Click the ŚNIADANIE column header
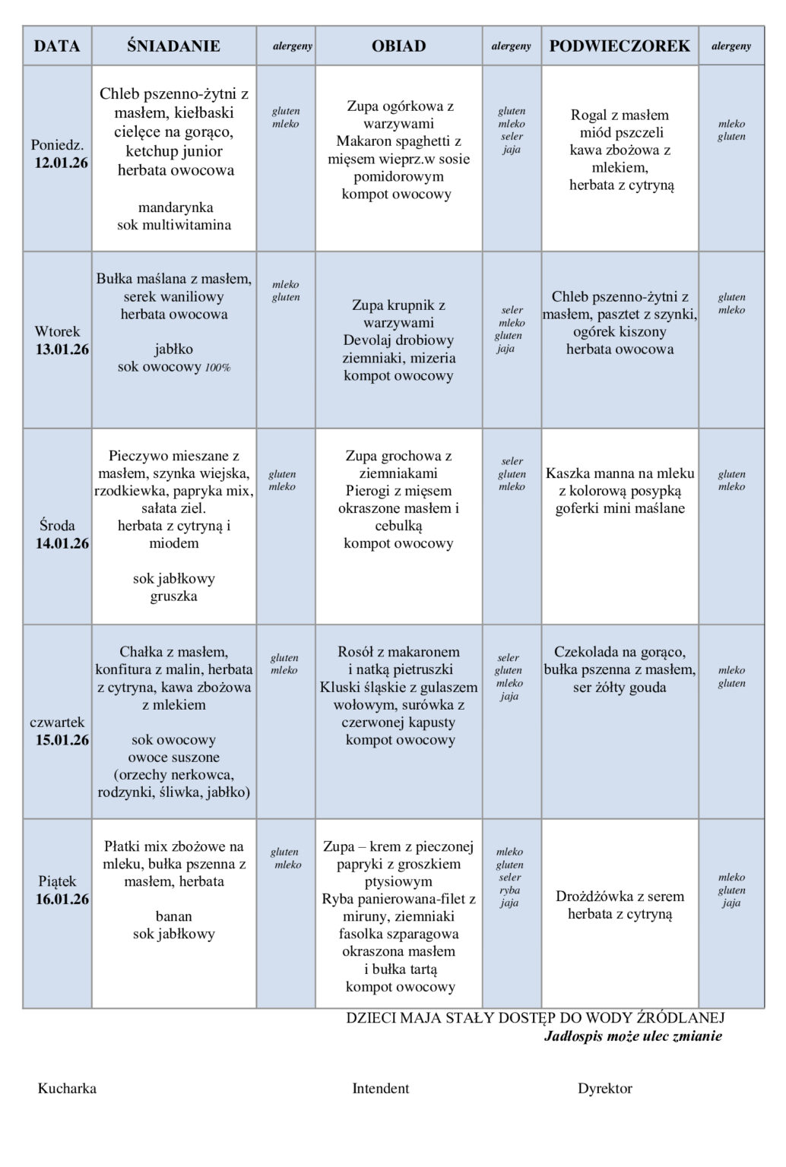pyautogui.click(x=173, y=46)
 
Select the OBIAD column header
pyautogui.click(x=398, y=46)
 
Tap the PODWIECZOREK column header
pyautogui.click(x=620, y=46)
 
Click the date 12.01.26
pyautogui.click(x=62, y=162)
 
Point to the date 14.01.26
pyautogui.click(x=62, y=543)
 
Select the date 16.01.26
pyautogui.click(x=62, y=900)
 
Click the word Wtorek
pyautogui.click(x=57, y=331)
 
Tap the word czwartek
pyautogui.click(x=57, y=723)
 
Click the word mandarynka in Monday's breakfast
pyautogui.click(x=176, y=207)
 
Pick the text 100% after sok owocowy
pyautogui.click(x=217, y=368)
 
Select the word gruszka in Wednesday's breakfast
pyautogui.click(x=174, y=596)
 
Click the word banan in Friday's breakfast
pyautogui.click(x=174, y=917)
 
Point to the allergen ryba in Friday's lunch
pyautogui.click(x=509, y=890)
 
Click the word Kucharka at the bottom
pyautogui.click(x=67, y=1089)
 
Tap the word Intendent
pyautogui.click(x=380, y=1089)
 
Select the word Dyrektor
pyautogui.click(x=604, y=1089)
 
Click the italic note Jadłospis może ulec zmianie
pyautogui.click(x=633, y=1036)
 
